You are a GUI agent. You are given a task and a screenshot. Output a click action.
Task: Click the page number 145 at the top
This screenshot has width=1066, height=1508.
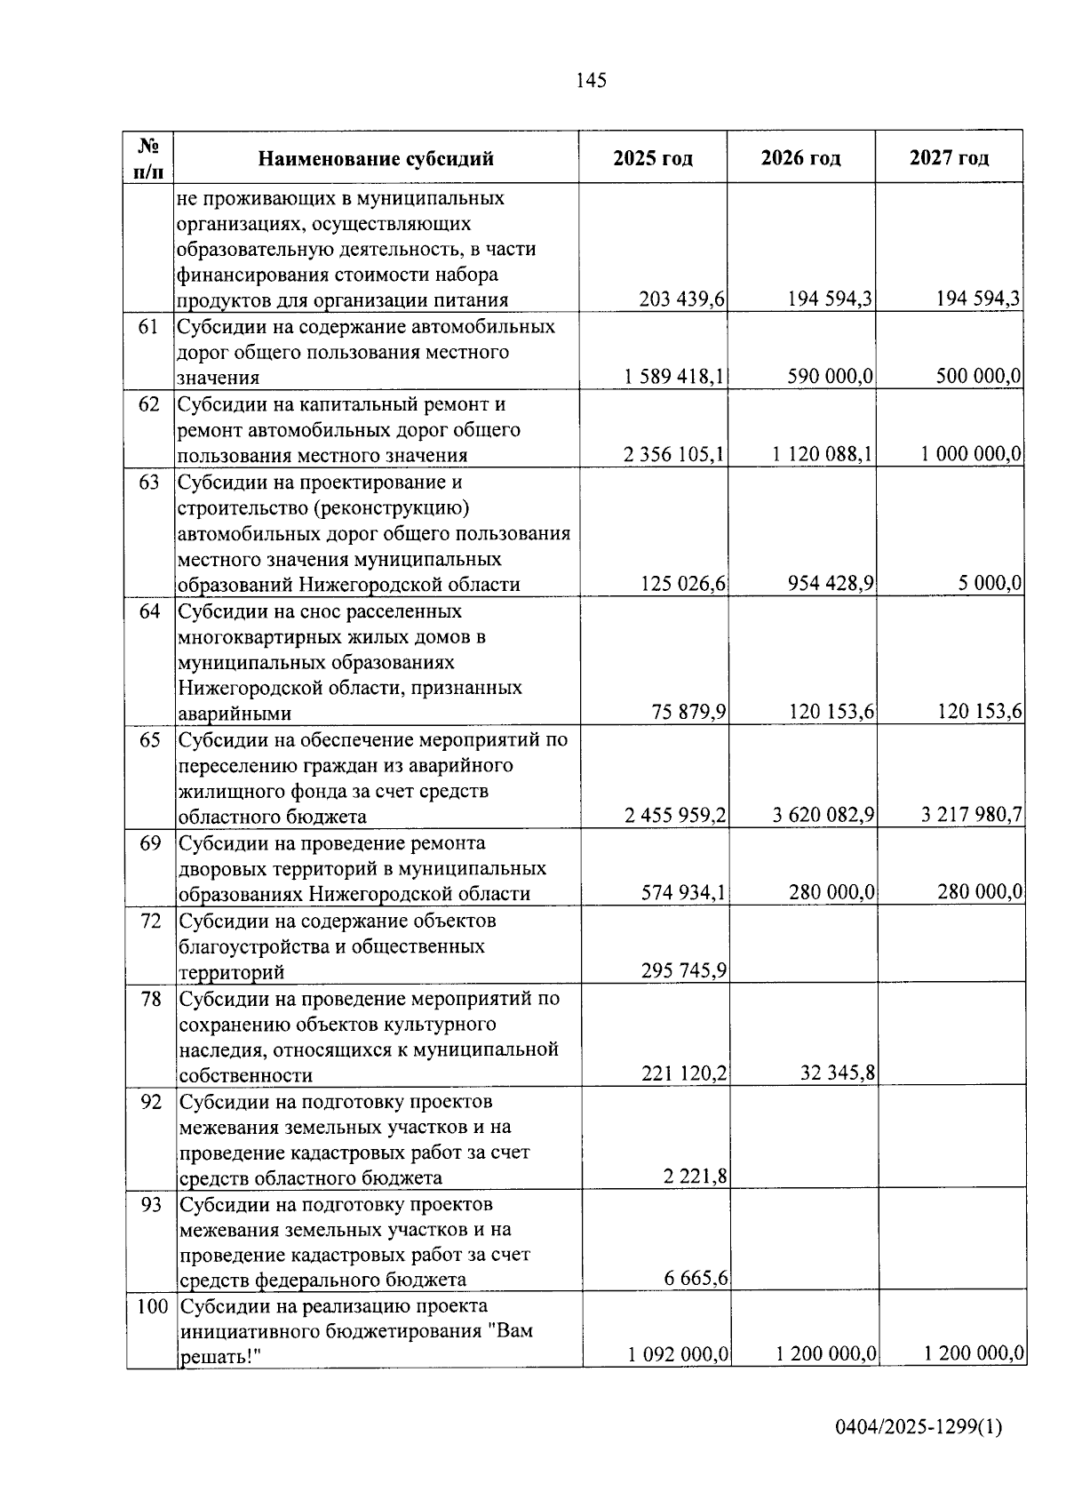pos(591,81)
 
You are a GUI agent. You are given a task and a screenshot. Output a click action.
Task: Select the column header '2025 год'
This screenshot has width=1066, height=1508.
pos(653,158)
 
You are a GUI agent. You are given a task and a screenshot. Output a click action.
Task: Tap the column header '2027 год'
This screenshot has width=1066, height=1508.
pos(949,158)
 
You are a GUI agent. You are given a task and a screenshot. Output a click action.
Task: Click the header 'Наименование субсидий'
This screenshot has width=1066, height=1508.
pos(376,159)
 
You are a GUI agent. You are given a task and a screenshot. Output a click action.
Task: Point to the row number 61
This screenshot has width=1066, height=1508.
pos(148,327)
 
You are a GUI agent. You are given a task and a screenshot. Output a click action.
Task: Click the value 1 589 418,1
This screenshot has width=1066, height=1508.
pos(674,377)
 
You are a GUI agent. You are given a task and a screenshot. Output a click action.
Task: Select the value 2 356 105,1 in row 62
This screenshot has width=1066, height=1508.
pos(674,455)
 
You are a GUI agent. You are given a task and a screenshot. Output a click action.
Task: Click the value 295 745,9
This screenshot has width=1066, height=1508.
pos(684,971)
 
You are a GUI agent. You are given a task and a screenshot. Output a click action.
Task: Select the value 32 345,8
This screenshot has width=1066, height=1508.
pos(839,1074)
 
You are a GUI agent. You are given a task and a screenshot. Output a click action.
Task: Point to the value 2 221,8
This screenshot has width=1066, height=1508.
pos(695,1177)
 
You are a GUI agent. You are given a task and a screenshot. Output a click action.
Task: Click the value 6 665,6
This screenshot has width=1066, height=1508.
pos(696,1279)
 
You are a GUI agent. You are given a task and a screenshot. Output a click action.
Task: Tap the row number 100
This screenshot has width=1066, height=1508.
pos(152,1307)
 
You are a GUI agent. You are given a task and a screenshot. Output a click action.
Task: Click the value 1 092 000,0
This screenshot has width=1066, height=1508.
pos(679,1354)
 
